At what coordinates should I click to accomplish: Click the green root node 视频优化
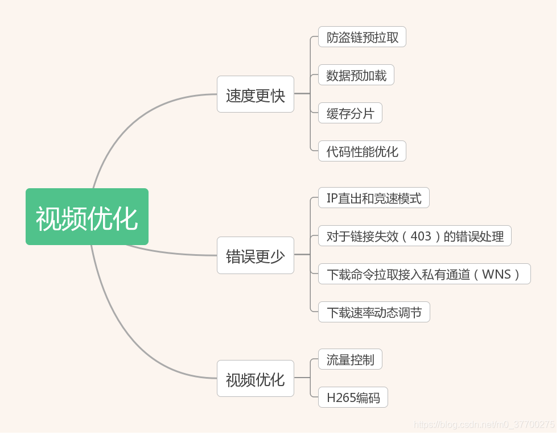click(87, 217)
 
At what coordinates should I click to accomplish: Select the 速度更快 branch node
click(255, 94)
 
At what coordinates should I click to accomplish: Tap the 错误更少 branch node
click(255, 255)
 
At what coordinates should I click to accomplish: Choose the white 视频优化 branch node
click(255, 379)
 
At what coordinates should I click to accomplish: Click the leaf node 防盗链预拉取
click(362, 37)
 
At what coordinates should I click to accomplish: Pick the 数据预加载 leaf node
click(356, 75)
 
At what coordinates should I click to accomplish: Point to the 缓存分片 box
click(350, 113)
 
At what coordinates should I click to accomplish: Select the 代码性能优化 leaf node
click(362, 151)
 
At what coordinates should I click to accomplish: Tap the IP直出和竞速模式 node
click(373, 198)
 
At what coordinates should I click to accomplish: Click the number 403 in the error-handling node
click(421, 236)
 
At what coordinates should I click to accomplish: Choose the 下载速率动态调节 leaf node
click(373, 312)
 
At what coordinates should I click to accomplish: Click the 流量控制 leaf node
click(350, 359)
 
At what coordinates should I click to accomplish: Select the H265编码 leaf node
click(353, 397)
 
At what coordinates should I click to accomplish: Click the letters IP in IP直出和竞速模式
click(332, 198)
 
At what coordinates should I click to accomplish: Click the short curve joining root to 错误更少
click(171, 252)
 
